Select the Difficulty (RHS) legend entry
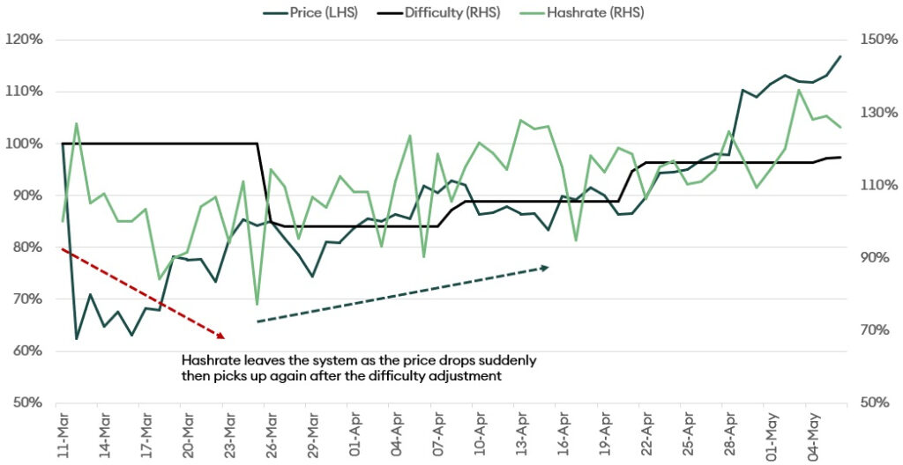point(446,12)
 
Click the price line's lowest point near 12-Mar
point(77,339)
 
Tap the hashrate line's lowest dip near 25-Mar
point(257,305)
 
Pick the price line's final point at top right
point(840,56)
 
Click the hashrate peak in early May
point(799,90)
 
